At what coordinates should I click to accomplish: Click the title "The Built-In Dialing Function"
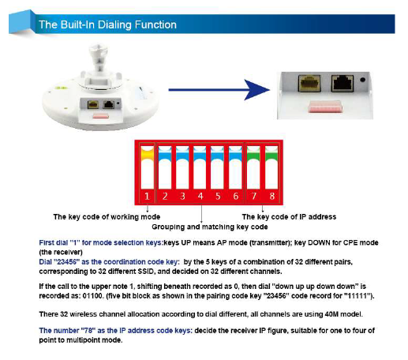[107, 24]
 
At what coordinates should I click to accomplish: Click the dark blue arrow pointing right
[219, 90]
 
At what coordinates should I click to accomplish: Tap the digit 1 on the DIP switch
[147, 196]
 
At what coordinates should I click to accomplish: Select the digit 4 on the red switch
[200, 196]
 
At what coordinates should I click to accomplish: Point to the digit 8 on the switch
[272, 196]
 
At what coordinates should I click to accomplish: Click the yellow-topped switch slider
[147, 167]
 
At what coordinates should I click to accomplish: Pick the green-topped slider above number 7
[253, 167]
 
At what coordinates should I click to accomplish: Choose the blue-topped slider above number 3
[182, 167]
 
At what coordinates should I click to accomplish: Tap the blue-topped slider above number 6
[235, 167]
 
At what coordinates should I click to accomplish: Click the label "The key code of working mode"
[107, 217]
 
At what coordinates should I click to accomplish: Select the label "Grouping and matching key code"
[210, 227]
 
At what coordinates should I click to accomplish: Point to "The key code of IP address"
[289, 217]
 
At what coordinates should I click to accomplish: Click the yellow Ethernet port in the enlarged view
[309, 83]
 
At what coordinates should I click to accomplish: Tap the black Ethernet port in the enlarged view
[342, 83]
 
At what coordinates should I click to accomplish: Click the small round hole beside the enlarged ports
[362, 80]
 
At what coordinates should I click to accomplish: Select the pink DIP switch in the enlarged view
[325, 107]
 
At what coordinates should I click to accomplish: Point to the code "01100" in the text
[92, 296]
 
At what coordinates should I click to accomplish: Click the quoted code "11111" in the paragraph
[357, 296]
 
